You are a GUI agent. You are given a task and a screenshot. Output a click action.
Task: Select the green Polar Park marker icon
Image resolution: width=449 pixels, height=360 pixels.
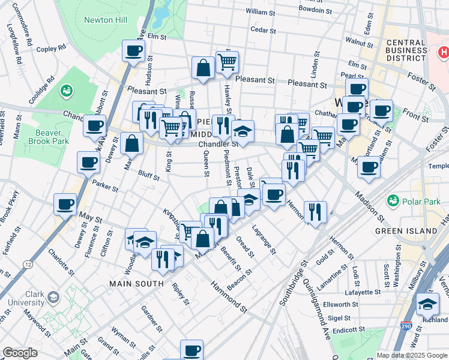[x=394, y=200]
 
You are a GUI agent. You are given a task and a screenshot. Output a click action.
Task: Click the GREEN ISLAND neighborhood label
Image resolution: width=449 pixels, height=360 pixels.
[x=406, y=231]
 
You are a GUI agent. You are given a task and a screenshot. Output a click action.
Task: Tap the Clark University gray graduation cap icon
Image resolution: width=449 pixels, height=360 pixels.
[x=53, y=298]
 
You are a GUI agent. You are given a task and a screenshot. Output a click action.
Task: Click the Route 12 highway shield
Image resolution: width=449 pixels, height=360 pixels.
[x=28, y=263]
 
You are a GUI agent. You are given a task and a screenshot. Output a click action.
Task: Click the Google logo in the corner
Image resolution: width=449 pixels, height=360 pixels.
[x=20, y=352]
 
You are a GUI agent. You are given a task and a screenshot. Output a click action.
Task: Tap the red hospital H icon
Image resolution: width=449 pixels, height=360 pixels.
[x=444, y=53]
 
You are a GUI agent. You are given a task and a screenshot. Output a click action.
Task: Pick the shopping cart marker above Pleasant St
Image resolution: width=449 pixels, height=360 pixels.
[x=227, y=61]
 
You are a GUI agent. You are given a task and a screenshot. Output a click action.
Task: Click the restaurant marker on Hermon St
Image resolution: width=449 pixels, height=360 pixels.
[x=315, y=211]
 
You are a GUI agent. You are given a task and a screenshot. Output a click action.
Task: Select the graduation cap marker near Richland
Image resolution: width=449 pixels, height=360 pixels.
[x=427, y=304]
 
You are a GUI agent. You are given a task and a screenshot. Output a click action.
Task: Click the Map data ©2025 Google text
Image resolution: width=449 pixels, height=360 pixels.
[x=412, y=355]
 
